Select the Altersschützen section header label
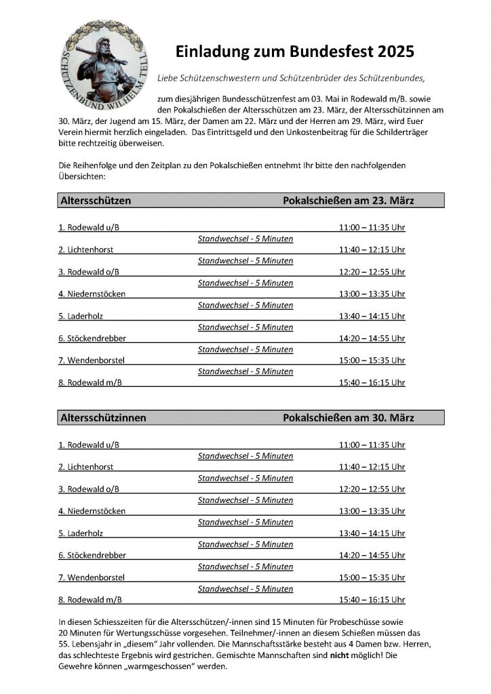point(96,201)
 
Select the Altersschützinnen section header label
point(103,418)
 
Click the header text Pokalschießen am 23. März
point(349,201)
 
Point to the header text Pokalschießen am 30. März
point(349,418)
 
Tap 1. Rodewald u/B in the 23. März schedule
point(89,228)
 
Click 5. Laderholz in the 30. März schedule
point(83,533)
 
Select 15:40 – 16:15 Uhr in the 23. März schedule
point(372,382)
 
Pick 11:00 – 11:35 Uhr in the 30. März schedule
point(372,445)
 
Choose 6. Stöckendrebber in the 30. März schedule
point(92,555)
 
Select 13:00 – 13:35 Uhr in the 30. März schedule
point(372,511)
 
